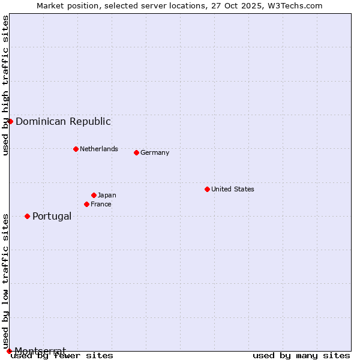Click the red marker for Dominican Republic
[x=10, y=121]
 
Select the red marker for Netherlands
[x=76, y=149]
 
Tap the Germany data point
[x=136, y=152]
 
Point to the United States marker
[x=207, y=189]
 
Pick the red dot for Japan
[x=94, y=195]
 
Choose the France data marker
[x=86, y=204]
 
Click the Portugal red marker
[x=27, y=216]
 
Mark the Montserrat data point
[x=9, y=351]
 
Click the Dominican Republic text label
[x=63, y=121]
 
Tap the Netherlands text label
[x=99, y=149]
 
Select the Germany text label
[x=155, y=152]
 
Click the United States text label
[x=233, y=189]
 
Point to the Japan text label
[x=107, y=195]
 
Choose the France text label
[x=101, y=204]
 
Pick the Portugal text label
[x=52, y=216]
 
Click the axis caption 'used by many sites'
[x=301, y=356]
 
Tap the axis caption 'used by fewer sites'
[x=62, y=356]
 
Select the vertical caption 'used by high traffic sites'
[x=5, y=85]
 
